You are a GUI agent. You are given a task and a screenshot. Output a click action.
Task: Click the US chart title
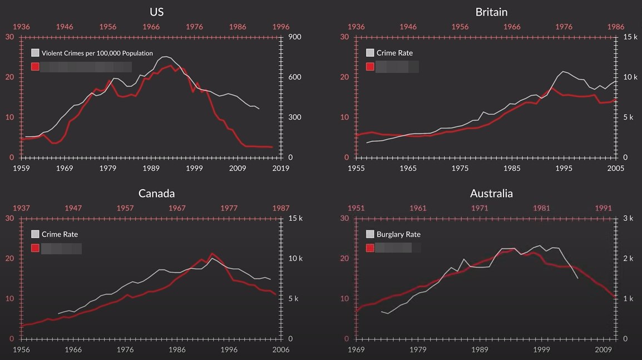click(156, 12)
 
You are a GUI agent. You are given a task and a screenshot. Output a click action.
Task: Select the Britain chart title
click(491, 12)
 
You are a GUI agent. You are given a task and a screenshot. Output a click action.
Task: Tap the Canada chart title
click(156, 193)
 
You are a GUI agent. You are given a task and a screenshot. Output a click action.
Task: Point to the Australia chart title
click(491, 193)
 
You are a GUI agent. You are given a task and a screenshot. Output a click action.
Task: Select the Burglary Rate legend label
click(398, 234)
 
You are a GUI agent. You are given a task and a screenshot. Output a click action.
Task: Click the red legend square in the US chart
click(36, 67)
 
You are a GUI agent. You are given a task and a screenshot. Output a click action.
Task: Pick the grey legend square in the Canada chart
click(36, 234)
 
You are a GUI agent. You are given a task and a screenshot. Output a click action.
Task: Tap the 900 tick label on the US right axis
click(294, 37)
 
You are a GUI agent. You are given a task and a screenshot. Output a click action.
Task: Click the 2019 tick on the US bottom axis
click(280, 168)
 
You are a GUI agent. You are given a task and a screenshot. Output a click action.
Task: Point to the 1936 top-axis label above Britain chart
click(356, 26)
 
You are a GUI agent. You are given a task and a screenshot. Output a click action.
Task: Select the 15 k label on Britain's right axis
click(630, 37)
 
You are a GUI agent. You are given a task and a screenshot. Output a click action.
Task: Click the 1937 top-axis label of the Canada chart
click(21, 208)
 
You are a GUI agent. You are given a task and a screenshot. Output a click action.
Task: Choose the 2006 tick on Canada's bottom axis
click(280, 349)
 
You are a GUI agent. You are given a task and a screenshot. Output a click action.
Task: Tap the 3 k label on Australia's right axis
click(628, 218)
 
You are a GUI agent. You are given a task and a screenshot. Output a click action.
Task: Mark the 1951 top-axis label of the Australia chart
click(356, 208)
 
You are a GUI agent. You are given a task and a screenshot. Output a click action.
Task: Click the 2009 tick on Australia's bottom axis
click(603, 349)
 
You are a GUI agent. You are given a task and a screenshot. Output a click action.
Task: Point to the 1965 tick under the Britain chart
click(408, 168)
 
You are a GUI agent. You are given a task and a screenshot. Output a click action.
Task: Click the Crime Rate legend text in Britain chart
click(394, 53)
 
